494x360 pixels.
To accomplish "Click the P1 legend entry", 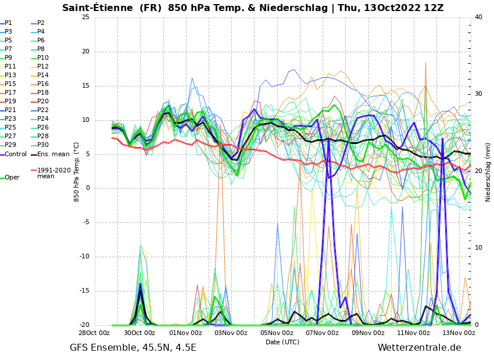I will (x=8, y=23).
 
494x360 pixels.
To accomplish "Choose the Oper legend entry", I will (x=12, y=178).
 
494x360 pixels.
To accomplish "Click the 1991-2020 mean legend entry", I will (x=53, y=173).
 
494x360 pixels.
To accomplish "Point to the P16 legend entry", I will (x=43, y=84).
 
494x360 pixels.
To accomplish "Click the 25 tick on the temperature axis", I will (x=85, y=17).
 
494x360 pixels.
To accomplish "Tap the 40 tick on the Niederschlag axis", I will (x=478, y=17).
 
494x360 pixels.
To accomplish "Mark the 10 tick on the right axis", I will (x=478, y=248).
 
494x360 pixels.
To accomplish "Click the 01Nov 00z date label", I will (x=185, y=333).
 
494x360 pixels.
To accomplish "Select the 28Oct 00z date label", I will (x=94, y=333).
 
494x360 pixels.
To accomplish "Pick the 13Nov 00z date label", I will (x=459, y=333).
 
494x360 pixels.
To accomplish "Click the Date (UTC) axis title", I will (x=282, y=343).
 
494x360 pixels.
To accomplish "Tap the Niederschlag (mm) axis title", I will (x=488, y=172).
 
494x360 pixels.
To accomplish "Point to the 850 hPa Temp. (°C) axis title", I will (x=77, y=172).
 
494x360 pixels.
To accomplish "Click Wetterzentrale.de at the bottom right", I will (x=419, y=348).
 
